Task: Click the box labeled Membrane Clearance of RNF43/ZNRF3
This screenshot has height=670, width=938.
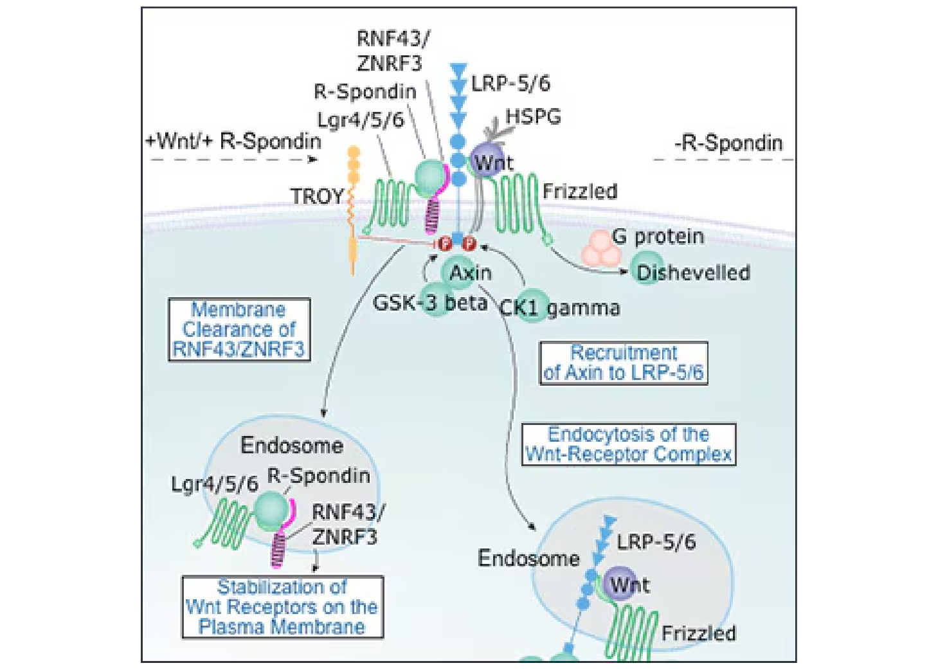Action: point(239,329)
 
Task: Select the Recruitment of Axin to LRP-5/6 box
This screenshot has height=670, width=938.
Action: point(623,363)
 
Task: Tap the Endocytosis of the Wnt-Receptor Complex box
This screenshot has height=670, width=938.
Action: point(628,444)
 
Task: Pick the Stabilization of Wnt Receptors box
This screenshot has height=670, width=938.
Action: point(282,606)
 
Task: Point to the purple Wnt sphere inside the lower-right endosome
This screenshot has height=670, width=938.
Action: point(621,584)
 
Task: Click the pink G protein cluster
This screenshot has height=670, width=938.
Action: point(601,249)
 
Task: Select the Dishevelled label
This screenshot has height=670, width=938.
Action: point(692,273)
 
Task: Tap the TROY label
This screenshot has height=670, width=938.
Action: point(316,196)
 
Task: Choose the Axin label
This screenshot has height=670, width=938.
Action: point(470,273)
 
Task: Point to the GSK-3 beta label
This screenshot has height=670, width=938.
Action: point(429,302)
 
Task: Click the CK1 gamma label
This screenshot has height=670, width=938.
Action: point(559,308)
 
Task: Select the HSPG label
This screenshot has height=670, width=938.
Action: point(533,116)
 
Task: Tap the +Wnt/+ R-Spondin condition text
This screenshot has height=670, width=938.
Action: point(233,141)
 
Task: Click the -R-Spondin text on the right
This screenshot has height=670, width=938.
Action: point(728,142)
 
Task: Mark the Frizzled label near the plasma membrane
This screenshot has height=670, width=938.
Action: point(579,191)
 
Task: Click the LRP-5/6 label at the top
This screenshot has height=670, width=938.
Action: point(510,83)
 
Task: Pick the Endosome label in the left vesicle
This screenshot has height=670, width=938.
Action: point(291,445)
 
